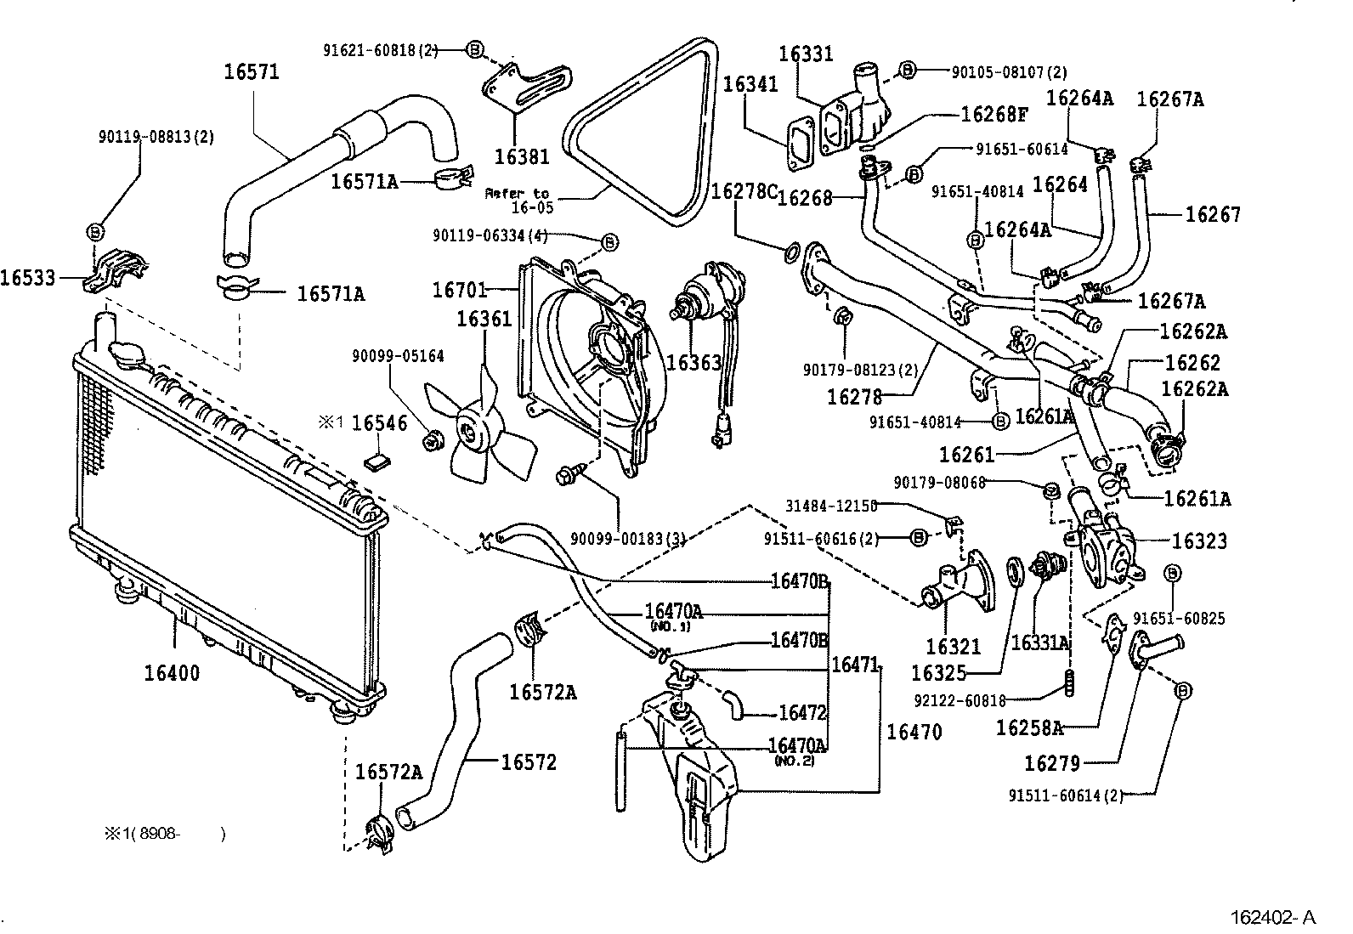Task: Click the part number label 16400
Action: [x=172, y=673]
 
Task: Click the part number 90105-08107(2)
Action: [x=1009, y=72]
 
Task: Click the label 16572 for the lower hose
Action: [x=528, y=762]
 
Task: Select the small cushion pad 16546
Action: [x=376, y=461]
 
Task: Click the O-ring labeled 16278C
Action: [x=790, y=251]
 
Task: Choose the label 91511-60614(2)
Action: [x=1066, y=795]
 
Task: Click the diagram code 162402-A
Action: [x=1273, y=917]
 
